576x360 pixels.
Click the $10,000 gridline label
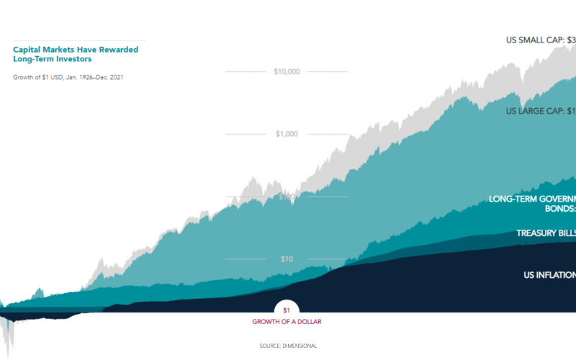[x=287, y=71]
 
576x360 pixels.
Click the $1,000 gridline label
[x=287, y=134]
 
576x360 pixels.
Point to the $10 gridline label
[x=287, y=259]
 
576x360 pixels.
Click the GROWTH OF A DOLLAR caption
[x=287, y=322]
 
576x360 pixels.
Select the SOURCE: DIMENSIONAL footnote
[x=287, y=346]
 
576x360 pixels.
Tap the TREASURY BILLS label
[x=546, y=233]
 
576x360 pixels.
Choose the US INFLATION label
[x=549, y=275]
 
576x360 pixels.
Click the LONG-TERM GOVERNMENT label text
[x=532, y=199]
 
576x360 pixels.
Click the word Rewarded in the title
[x=118, y=50]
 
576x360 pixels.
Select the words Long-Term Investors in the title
[x=53, y=60]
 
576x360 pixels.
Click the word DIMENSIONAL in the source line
[x=300, y=346]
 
